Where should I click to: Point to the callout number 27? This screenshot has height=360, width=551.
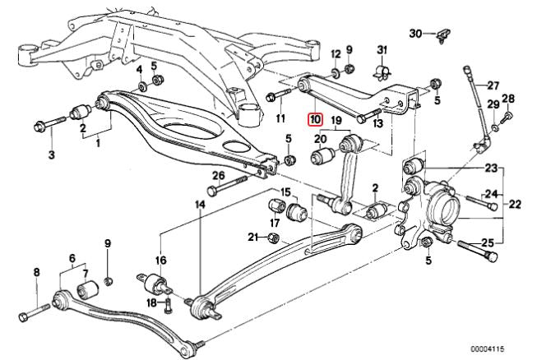click(x=493, y=85)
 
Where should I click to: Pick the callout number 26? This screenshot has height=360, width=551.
click(x=218, y=175)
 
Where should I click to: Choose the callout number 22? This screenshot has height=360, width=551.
click(x=516, y=203)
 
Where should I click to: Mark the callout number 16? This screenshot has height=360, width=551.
click(x=160, y=261)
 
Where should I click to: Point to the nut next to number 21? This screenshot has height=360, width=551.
click(x=275, y=238)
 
